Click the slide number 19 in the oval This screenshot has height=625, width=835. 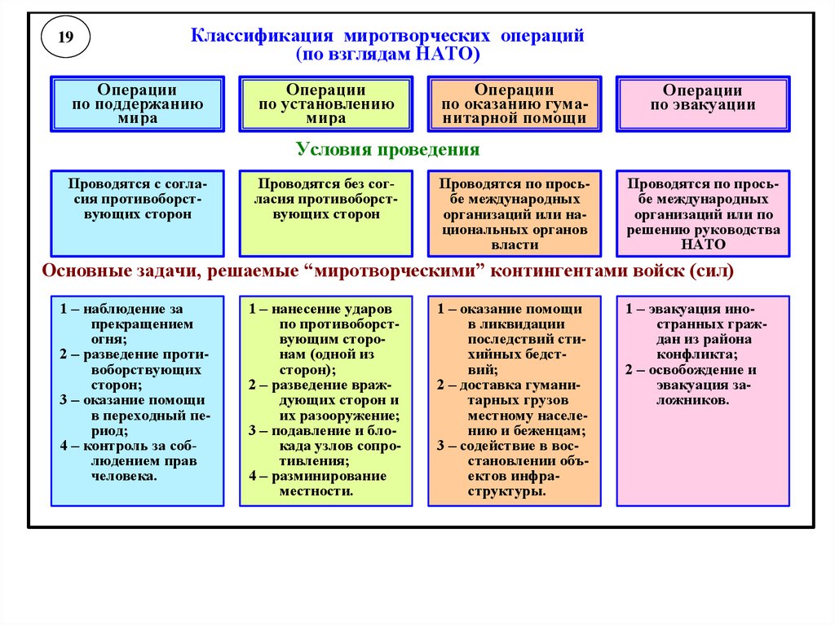66,37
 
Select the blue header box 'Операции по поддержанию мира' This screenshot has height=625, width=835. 137,104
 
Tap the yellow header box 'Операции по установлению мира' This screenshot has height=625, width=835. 325,104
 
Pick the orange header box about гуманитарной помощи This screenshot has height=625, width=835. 514,104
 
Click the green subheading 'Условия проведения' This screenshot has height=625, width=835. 388,150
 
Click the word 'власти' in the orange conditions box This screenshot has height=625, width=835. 514,244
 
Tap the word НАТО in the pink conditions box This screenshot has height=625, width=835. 703,244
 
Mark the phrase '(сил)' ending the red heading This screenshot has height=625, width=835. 711,271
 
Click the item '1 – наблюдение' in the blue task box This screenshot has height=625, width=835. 121,310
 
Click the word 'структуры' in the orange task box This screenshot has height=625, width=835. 514,491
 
